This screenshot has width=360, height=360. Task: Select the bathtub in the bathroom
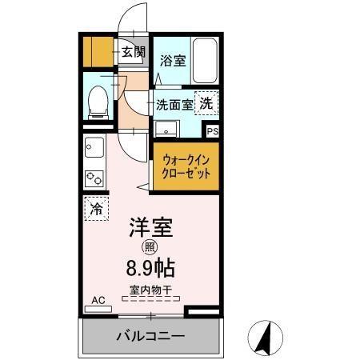coord(205,60)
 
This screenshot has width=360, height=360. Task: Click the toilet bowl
coord(99,102)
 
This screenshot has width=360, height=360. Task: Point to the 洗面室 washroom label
coord(174,104)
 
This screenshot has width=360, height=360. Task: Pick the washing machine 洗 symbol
coord(206,102)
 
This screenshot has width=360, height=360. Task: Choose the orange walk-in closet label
coord(186,166)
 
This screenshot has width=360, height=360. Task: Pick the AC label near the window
coord(98,300)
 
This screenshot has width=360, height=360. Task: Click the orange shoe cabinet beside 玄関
coord(98,51)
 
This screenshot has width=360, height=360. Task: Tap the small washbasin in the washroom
coord(169,130)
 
